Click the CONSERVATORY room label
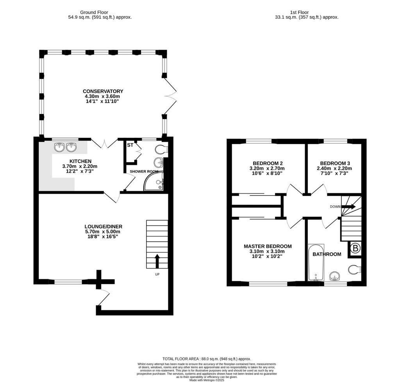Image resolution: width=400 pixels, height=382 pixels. (103, 91)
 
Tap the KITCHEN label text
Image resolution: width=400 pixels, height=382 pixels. (80, 161)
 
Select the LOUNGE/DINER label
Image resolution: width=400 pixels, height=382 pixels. (103, 227)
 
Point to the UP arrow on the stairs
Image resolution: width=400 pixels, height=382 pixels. (157, 261)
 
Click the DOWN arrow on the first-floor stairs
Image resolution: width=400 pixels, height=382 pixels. (348, 207)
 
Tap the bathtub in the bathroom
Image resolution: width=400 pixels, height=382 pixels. (316, 262)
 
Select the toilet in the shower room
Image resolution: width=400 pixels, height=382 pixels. (161, 150)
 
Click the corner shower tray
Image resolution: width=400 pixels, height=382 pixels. (154, 182)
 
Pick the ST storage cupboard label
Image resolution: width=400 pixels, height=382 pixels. (130, 145)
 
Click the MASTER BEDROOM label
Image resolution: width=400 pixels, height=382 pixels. (268, 246)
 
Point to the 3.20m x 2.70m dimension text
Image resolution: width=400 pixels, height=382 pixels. (267, 168)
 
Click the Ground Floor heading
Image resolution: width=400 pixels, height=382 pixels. (94, 12)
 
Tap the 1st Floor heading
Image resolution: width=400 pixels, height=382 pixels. (299, 12)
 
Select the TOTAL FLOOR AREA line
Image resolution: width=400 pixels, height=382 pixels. (207, 359)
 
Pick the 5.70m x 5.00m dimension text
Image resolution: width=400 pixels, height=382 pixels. (103, 232)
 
